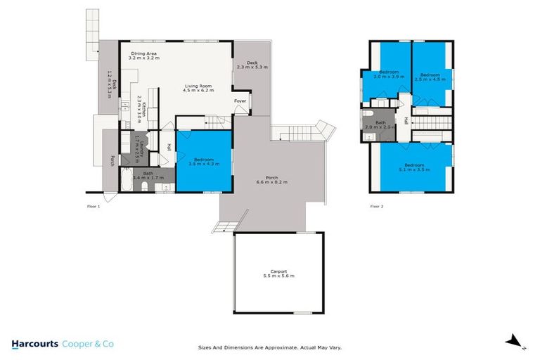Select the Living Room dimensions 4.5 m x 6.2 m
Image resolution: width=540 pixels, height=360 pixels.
coord(198,91)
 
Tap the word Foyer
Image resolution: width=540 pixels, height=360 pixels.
coord(240,101)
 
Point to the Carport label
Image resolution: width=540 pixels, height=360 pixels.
coord(278,271)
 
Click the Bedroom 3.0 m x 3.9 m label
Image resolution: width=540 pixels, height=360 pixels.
coord(390,77)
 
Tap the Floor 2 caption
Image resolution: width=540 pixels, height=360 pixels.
coord(378,206)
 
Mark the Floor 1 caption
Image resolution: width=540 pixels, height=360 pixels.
coord(94,206)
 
